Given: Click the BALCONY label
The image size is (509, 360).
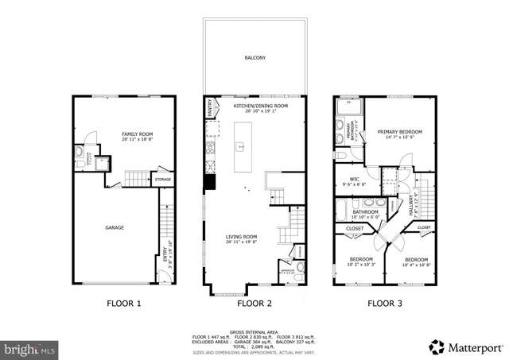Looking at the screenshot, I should [254, 58].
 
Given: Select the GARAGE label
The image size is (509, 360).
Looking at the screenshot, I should [115, 227].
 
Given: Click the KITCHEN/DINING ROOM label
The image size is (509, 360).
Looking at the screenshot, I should [260, 106].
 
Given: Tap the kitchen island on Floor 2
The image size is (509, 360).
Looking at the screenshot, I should [240, 147].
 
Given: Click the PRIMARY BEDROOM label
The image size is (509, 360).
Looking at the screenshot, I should [399, 132].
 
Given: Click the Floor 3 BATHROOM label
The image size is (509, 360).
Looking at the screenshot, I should [365, 212].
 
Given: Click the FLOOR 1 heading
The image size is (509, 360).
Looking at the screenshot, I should [124, 303].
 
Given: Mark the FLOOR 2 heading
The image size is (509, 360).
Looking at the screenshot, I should [254, 303].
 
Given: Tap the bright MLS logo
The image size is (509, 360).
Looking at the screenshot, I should [30, 348].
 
